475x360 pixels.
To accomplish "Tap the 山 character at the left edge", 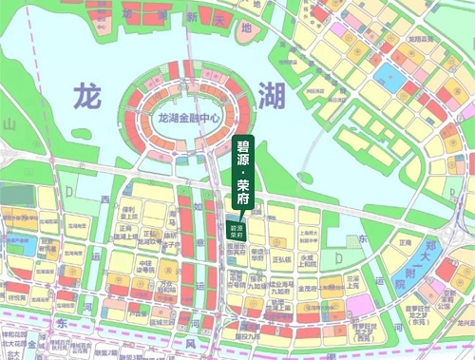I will [9, 124].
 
